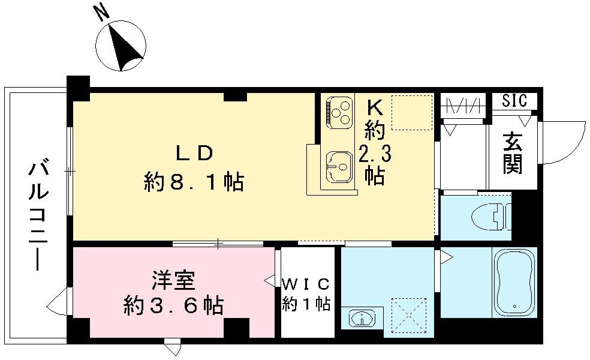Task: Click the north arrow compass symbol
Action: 122,46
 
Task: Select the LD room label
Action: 193,154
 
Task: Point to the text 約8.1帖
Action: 193,181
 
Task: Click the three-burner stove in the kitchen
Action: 338,112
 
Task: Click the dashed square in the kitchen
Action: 411,112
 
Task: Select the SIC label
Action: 514,100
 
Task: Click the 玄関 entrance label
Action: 513,154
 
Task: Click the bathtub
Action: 514,282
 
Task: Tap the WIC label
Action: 306,283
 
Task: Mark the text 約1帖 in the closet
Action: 306,304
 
